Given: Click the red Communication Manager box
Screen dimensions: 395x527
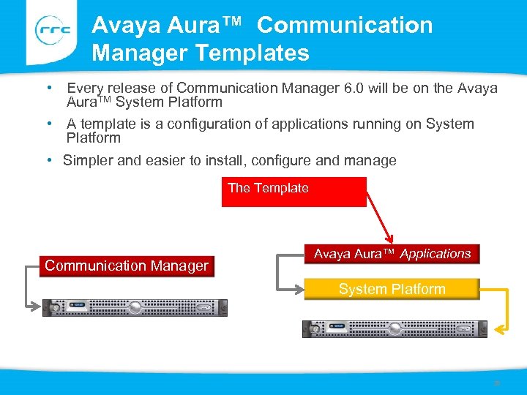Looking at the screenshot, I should [x=127, y=266].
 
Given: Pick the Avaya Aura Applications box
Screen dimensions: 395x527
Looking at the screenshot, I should [x=392, y=254].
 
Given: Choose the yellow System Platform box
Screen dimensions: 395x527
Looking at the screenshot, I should [x=392, y=289].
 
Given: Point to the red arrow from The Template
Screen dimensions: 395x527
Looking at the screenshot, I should [x=381, y=219].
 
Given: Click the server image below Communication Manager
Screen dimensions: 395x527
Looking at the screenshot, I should [x=134, y=308].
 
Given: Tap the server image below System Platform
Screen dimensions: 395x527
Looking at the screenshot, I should [x=395, y=329].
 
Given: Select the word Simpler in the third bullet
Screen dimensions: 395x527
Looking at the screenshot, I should [x=88, y=160].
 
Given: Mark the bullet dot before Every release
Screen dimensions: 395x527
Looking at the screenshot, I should [x=48, y=88].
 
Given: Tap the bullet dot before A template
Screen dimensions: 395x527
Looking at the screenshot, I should [x=48, y=123].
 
